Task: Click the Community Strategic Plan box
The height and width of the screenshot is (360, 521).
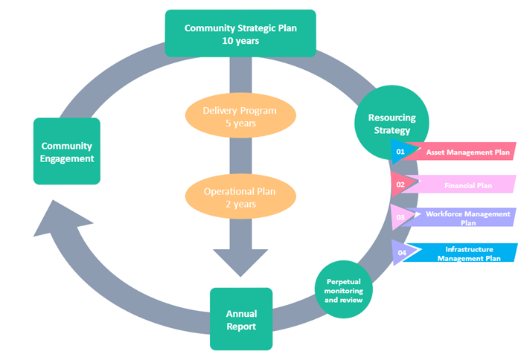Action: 240,33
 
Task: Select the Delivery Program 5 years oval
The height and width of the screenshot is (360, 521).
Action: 240,117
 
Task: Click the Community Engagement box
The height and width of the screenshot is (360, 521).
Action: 67,151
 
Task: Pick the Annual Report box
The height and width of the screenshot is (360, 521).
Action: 241,319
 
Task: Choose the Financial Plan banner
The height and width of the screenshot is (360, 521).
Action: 468,184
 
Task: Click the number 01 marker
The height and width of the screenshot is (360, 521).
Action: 400,152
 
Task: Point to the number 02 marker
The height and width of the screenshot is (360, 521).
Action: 400,184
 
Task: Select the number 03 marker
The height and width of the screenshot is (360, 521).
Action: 400,217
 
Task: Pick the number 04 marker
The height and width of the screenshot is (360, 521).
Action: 402,253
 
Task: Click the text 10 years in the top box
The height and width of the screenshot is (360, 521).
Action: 240,41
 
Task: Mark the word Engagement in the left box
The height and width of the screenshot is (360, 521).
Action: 67,158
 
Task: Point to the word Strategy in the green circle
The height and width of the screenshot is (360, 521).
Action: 391,131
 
